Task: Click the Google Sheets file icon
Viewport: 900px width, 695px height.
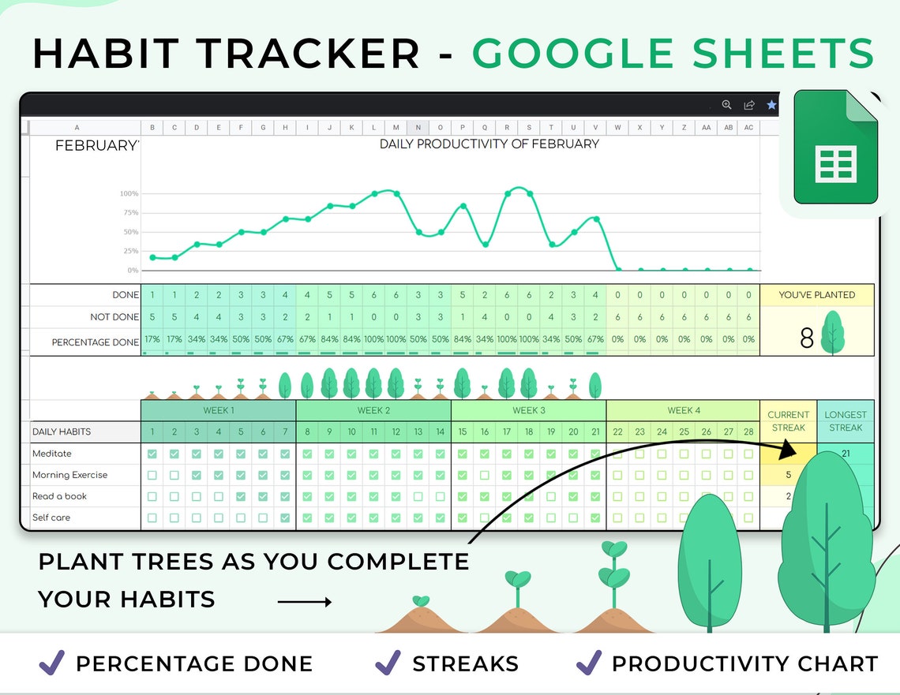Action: click(835, 147)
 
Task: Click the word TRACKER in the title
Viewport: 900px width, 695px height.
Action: click(311, 53)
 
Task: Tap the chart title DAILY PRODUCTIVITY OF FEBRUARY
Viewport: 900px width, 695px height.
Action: click(489, 144)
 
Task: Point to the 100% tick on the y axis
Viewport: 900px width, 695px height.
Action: click(129, 193)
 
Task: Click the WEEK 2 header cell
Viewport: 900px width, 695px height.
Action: click(373, 410)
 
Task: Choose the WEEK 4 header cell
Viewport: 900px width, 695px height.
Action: click(683, 410)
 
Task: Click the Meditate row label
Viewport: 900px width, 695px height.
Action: click(52, 454)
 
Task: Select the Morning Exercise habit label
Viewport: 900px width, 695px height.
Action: click(69, 475)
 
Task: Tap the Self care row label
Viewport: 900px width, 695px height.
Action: click(51, 518)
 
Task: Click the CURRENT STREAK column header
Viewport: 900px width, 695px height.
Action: click(788, 421)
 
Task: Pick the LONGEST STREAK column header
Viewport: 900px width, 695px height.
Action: click(846, 421)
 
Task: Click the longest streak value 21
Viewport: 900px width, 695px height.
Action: click(846, 454)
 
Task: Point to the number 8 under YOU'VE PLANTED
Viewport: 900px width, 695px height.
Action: click(806, 338)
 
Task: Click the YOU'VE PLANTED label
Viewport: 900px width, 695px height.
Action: click(816, 295)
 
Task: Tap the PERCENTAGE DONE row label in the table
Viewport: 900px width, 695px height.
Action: click(95, 342)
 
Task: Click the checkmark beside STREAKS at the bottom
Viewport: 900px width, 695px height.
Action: click(388, 663)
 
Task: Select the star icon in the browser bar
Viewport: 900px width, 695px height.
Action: click(771, 105)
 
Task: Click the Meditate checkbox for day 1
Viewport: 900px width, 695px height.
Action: click(152, 454)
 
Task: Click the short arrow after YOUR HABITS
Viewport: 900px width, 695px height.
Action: click(305, 603)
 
